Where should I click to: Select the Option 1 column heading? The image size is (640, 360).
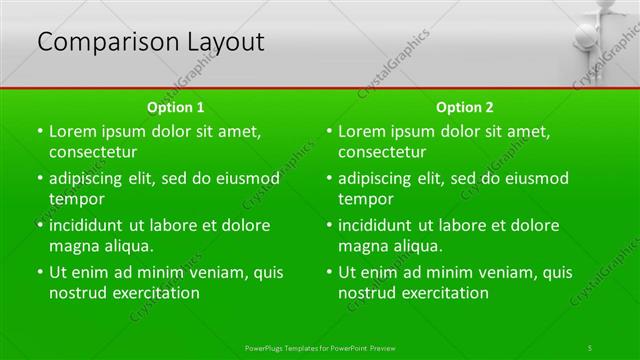coord(176,107)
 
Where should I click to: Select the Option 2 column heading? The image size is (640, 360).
coord(465,107)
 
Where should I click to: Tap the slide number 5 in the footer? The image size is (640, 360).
coord(590,347)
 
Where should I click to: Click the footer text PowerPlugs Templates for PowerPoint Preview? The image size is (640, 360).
coord(320,347)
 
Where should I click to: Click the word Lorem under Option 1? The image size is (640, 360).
coord(73,131)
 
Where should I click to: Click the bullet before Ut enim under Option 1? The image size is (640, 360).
coord(40,272)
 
